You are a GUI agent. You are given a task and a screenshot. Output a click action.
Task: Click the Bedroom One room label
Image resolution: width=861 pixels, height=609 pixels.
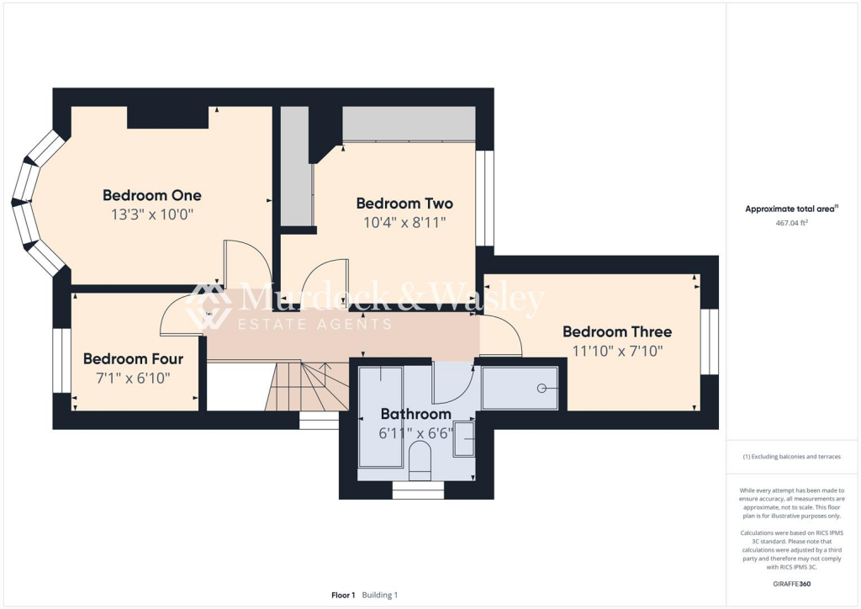[152, 195]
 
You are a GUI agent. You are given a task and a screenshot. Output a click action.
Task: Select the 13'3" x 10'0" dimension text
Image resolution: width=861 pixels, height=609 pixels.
[152, 214]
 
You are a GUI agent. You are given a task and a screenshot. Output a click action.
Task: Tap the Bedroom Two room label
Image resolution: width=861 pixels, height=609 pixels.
[404, 204]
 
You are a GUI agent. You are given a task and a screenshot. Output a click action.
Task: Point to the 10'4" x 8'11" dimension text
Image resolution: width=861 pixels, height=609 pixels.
[404, 223]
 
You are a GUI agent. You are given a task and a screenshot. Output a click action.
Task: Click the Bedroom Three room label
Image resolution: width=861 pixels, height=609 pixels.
[617, 331]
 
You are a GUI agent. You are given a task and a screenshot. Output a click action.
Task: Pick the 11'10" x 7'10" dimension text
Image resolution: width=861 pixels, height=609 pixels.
[617, 351]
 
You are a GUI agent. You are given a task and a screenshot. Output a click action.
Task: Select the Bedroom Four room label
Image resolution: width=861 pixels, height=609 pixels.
[133, 359]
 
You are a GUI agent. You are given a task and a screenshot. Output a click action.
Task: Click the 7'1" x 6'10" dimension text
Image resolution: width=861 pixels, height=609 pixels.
[133, 379]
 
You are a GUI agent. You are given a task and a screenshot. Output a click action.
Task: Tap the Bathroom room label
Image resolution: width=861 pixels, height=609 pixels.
[415, 414]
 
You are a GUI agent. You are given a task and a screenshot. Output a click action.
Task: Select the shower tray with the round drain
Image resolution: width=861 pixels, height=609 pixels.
[520, 388]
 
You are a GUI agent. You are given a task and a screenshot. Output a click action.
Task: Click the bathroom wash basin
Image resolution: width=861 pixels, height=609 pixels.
[464, 439]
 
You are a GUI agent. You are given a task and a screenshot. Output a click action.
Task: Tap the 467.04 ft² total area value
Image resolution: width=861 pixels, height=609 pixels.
[792, 224]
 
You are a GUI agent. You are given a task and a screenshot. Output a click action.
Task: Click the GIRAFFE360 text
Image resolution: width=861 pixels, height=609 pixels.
[791, 583]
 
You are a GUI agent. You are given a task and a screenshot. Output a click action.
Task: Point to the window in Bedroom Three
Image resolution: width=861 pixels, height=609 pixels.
[710, 342]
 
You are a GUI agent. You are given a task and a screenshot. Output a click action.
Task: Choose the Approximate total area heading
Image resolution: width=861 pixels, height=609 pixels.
[791, 209]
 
